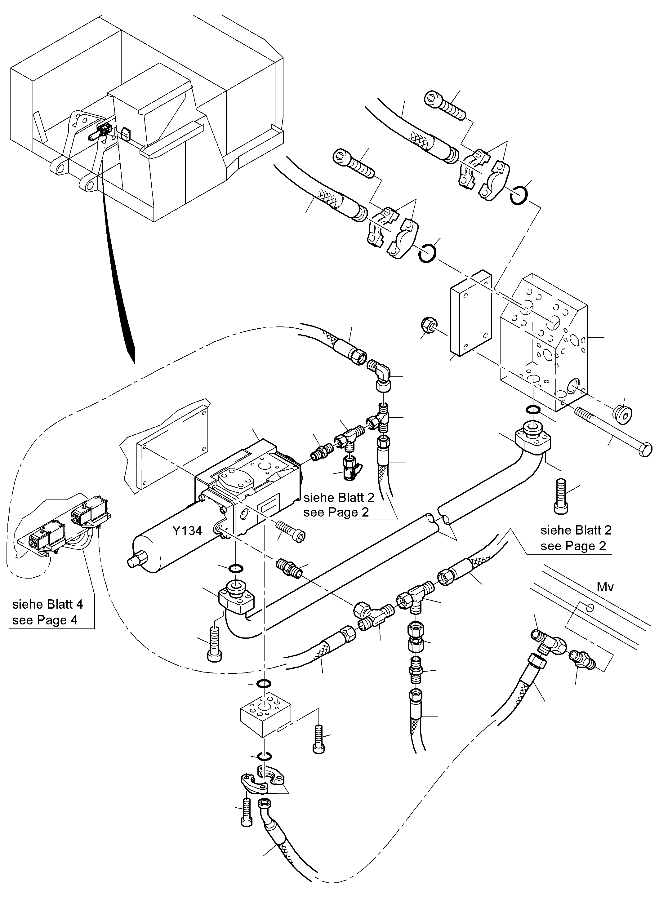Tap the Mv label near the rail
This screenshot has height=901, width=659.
[605, 586]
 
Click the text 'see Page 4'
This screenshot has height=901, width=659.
[45, 620]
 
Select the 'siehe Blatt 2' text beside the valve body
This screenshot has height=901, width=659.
[339, 497]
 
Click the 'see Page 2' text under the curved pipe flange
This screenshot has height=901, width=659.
[573, 546]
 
